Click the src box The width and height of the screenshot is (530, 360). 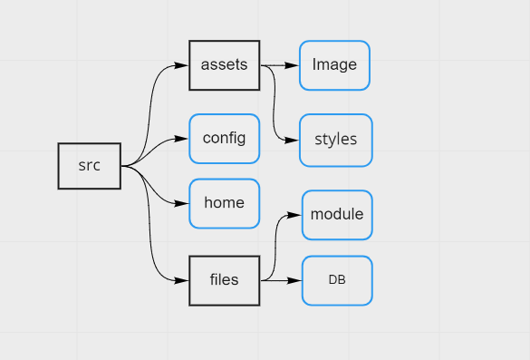(89, 166)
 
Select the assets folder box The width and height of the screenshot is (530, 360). (225, 65)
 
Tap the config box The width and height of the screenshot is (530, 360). (224, 139)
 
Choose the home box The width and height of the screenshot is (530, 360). (224, 203)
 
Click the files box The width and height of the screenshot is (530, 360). (225, 280)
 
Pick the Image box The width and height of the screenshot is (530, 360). (334, 65)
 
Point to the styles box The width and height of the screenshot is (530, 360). (335, 140)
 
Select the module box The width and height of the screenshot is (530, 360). (336, 215)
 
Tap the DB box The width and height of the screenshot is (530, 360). (336, 280)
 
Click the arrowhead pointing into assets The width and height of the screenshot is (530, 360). (181, 66)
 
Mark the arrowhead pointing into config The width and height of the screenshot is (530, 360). (181, 140)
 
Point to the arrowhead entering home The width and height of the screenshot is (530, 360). (181, 203)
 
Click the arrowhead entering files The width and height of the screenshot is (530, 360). (181, 280)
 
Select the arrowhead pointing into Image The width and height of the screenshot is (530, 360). (294, 66)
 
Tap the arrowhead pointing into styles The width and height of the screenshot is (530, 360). (293, 141)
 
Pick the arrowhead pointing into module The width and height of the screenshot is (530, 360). (294, 215)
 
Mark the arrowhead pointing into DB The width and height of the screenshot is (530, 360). (294, 280)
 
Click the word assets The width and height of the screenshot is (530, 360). (225, 65)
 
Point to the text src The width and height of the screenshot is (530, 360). (89, 166)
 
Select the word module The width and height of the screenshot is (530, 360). (336, 215)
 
